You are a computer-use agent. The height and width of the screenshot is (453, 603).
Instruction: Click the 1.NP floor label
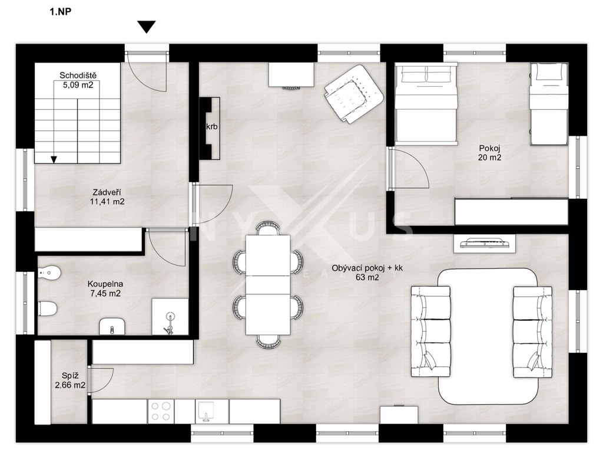61,12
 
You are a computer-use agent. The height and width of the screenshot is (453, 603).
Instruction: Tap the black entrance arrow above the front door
147,27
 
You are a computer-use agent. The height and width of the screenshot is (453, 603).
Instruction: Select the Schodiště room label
78,75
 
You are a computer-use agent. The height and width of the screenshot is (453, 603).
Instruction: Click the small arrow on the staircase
54,159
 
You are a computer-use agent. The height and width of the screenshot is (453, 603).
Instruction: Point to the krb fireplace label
212,126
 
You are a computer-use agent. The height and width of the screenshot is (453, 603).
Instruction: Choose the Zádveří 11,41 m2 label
107,196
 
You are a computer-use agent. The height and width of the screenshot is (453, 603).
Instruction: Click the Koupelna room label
105,284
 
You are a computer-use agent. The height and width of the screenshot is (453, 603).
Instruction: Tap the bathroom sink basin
112,327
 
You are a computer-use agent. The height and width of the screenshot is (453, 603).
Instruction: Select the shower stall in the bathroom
170,316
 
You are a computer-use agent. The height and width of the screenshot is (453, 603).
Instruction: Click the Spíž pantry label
71,376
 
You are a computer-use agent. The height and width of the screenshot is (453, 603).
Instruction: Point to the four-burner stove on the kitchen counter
161,411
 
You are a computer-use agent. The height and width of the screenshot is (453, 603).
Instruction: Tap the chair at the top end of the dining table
268,228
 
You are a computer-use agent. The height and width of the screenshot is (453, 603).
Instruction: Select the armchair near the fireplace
353,94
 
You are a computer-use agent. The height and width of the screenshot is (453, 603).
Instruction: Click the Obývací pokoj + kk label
367,268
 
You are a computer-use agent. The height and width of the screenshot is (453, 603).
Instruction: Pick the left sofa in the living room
430,331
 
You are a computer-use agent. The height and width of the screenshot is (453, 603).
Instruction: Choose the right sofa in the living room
532,331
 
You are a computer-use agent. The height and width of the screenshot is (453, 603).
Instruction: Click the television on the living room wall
485,242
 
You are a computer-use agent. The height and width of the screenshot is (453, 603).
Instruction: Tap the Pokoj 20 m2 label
489,153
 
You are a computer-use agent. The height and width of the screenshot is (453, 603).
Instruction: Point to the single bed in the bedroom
549,104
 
